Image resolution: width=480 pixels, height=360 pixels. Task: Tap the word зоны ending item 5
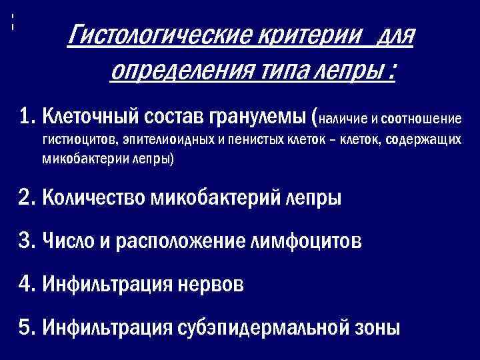(x=379, y=327)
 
